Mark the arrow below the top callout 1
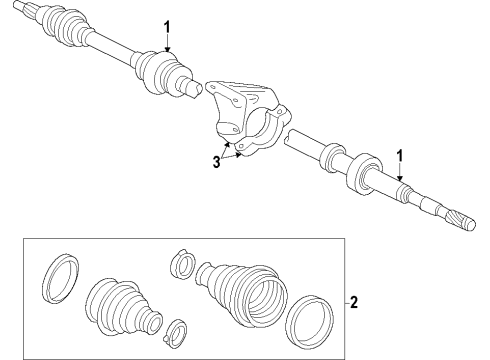coord(167,44)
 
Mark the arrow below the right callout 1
coord(400,176)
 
